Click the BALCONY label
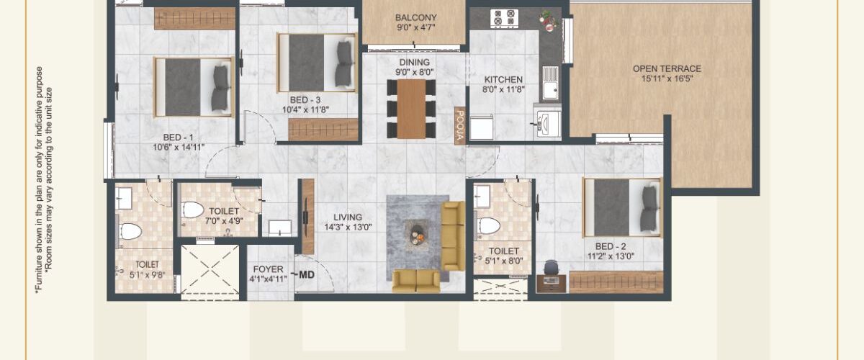pyautogui.click(x=416, y=18)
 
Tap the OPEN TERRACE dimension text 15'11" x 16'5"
pyautogui.click(x=667, y=78)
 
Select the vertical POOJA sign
pyautogui.click(x=459, y=125)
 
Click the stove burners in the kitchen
pyautogui.click(x=504, y=18)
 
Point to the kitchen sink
pyautogui.click(x=550, y=83)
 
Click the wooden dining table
pyautogui.click(x=412, y=109)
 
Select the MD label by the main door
pyautogui.click(x=307, y=275)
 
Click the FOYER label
pyautogui.click(x=269, y=269)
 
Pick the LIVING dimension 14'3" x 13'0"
pyautogui.click(x=348, y=228)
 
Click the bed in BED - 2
pyautogui.click(x=622, y=207)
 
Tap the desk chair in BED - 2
pyautogui.click(x=550, y=267)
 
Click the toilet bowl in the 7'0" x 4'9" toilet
pyautogui.click(x=192, y=210)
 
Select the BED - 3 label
pyautogui.click(x=305, y=100)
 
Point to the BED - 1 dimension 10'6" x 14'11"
pyautogui.click(x=179, y=147)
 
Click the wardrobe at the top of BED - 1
pyautogui.click(x=195, y=18)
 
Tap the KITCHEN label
pyautogui.click(x=503, y=79)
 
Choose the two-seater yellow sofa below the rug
pyautogui.click(x=416, y=281)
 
